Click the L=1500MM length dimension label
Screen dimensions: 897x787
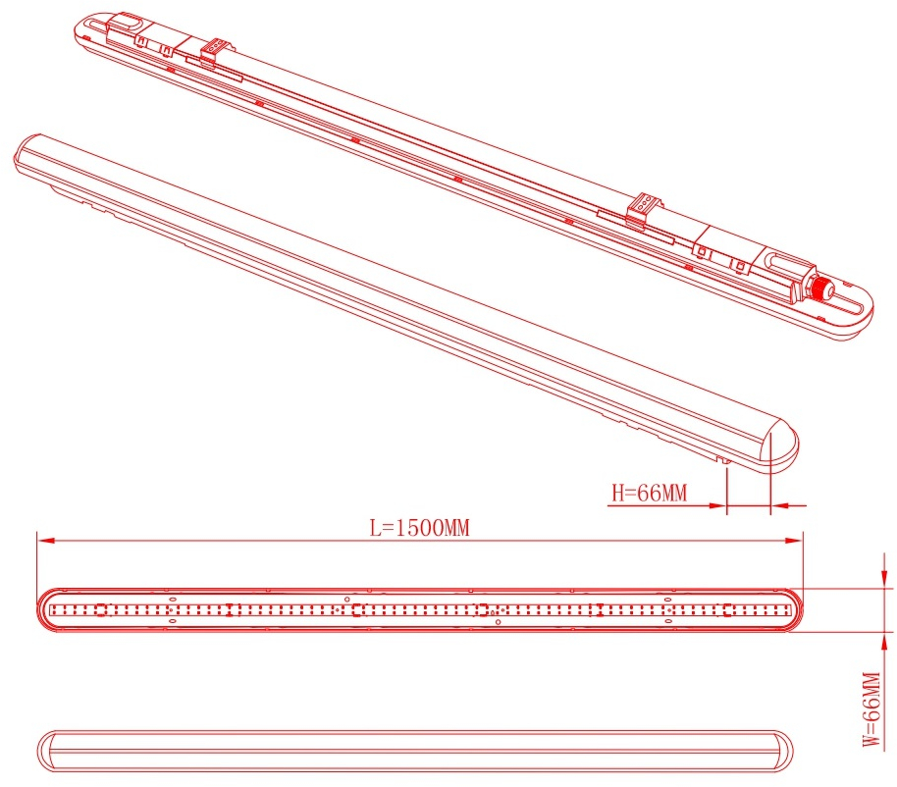point(419,527)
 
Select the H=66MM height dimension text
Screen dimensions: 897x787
point(650,493)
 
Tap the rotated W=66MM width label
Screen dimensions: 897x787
point(871,709)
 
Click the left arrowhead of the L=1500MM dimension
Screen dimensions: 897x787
point(46,541)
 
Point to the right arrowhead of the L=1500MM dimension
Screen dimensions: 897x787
point(794,541)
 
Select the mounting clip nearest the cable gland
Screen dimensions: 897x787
point(643,209)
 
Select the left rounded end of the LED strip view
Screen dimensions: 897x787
point(49,609)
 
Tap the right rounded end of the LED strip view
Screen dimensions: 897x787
point(791,609)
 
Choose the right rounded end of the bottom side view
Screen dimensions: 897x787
point(781,751)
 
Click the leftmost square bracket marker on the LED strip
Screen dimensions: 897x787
point(101,609)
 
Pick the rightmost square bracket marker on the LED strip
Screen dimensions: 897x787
point(727,609)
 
